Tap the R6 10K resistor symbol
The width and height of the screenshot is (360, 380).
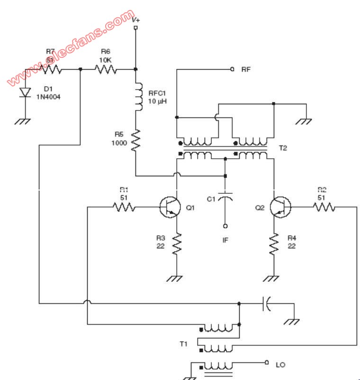click(106, 70)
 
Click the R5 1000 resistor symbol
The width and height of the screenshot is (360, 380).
click(136, 140)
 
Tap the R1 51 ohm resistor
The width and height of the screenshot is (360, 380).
click(124, 207)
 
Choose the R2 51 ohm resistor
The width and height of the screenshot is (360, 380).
click(324, 207)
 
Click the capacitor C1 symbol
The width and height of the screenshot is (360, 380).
click(225, 197)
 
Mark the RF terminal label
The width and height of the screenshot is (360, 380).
click(246, 69)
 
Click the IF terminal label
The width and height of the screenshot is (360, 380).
click(225, 240)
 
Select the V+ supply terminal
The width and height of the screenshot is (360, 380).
click(136, 28)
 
